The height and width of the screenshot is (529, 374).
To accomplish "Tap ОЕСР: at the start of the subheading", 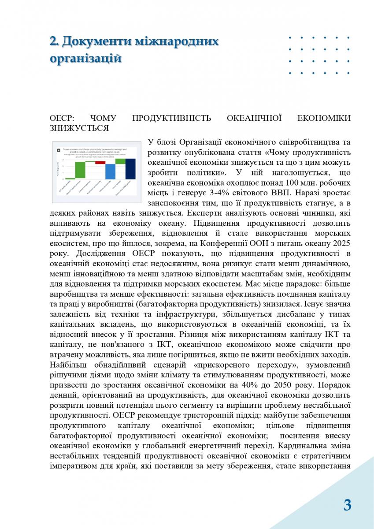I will tap(63, 118).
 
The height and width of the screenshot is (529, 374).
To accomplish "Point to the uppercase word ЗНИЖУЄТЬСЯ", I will tap(80, 128).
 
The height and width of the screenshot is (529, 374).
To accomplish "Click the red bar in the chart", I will tap(100, 163).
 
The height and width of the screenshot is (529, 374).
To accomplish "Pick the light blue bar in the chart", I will tap(111, 171).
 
